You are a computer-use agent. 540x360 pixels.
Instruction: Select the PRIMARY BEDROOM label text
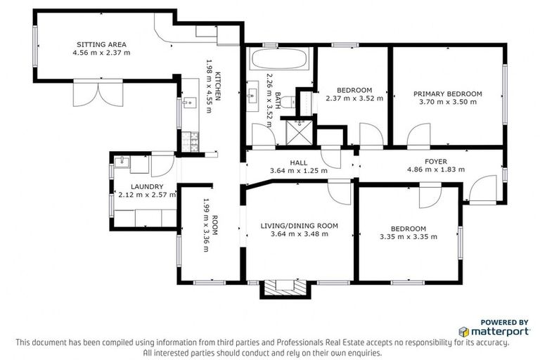pyautogui.click(x=447, y=94)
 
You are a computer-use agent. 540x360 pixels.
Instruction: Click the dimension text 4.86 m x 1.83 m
pyautogui.click(x=436, y=169)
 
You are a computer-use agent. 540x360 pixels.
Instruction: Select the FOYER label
pyautogui.click(x=437, y=160)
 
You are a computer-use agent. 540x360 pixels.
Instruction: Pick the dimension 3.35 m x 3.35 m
pyautogui.click(x=408, y=237)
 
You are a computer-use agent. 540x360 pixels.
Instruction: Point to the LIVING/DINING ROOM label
pyautogui.click(x=300, y=226)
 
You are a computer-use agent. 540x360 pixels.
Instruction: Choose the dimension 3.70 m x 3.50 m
pyautogui.click(x=447, y=102)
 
